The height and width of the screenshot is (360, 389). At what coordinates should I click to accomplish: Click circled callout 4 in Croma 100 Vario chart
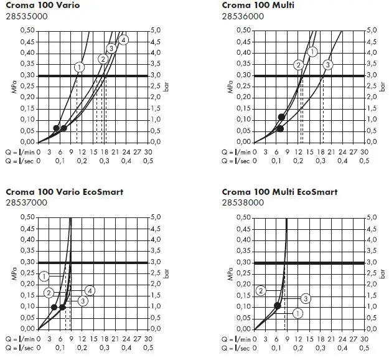click(123, 40)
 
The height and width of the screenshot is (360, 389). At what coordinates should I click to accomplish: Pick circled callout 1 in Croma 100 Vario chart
click(79, 67)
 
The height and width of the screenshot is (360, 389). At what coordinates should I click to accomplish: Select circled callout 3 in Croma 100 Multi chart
click(328, 64)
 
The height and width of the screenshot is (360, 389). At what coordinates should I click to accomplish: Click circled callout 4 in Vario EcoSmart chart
click(90, 291)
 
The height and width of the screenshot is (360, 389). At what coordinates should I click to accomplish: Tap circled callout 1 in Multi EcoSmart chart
click(298, 313)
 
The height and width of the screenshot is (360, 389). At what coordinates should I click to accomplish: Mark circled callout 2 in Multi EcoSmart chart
click(261, 290)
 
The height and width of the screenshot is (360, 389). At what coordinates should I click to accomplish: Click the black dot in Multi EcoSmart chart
click(278, 306)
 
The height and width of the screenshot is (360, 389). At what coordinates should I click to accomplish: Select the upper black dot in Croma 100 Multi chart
click(281, 117)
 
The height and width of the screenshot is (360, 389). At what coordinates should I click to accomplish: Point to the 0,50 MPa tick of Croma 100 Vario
click(27, 30)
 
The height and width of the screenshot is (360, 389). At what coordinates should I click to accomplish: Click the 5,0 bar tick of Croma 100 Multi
click(371, 30)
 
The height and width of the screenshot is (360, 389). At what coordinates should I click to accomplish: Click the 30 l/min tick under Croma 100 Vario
click(148, 151)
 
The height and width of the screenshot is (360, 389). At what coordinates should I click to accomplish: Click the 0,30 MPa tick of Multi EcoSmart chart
click(242, 262)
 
